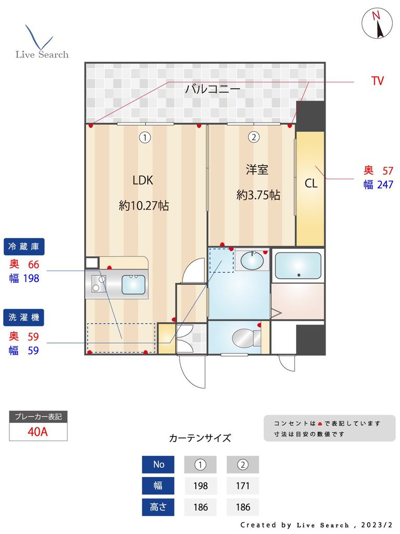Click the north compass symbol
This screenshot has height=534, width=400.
(377, 23)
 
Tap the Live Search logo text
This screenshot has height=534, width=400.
(42, 54)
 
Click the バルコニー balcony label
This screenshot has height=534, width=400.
(213, 89)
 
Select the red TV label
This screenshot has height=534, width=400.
(378, 81)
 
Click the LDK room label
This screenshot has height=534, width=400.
(142, 180)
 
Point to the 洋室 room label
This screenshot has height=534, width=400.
(257, 169)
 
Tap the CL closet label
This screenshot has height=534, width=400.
(311, 184)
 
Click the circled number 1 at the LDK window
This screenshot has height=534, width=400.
(145, 137)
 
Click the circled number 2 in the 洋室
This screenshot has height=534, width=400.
(253, 137)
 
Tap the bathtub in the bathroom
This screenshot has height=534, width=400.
(297, 266)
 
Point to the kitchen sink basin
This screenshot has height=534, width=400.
(134, 285)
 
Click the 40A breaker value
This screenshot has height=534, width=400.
(38, 432)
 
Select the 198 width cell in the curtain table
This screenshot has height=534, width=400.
(201, 486)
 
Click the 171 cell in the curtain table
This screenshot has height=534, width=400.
(243, 486)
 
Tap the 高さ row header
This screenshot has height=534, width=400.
(158, 507)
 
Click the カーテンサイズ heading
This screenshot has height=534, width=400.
(200, 438)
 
